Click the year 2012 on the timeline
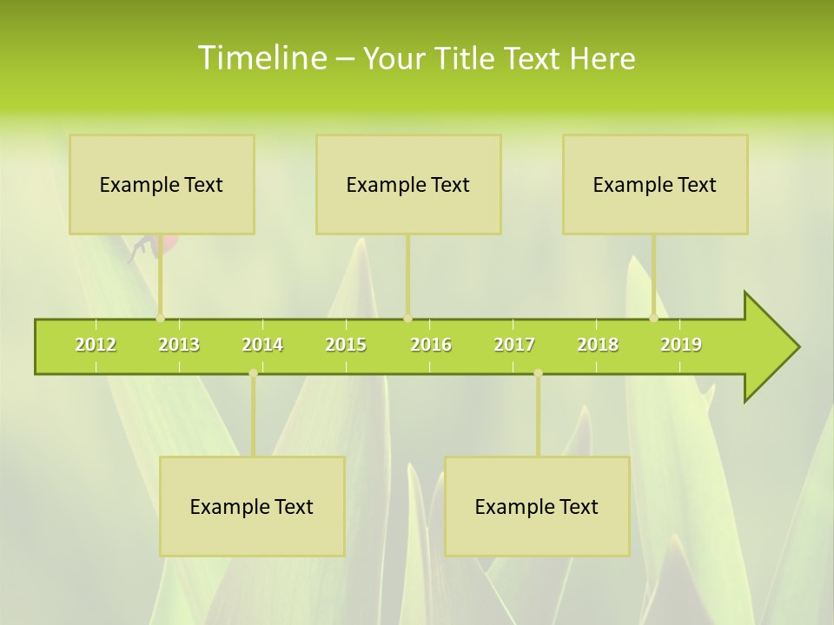pos(96,345)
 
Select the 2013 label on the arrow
pos(179,345)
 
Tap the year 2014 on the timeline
pos(262,345)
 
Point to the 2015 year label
pos(346,345)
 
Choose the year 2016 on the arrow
pos(431,345)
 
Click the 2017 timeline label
pos(514,345)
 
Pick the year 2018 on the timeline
pos(598,345)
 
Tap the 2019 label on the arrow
pos(681,345)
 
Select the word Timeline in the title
pos(261,58)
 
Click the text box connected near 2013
pos(162,184)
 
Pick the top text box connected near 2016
pos(408,184)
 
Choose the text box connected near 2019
pos(655,184)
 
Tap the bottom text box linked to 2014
pos(252,506)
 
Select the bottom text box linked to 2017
pos(537,506)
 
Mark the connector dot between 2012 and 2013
pos(160,318)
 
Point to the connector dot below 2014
pos(253,373)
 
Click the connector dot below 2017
pos(538,373)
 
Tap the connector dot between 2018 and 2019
pos(654,318)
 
